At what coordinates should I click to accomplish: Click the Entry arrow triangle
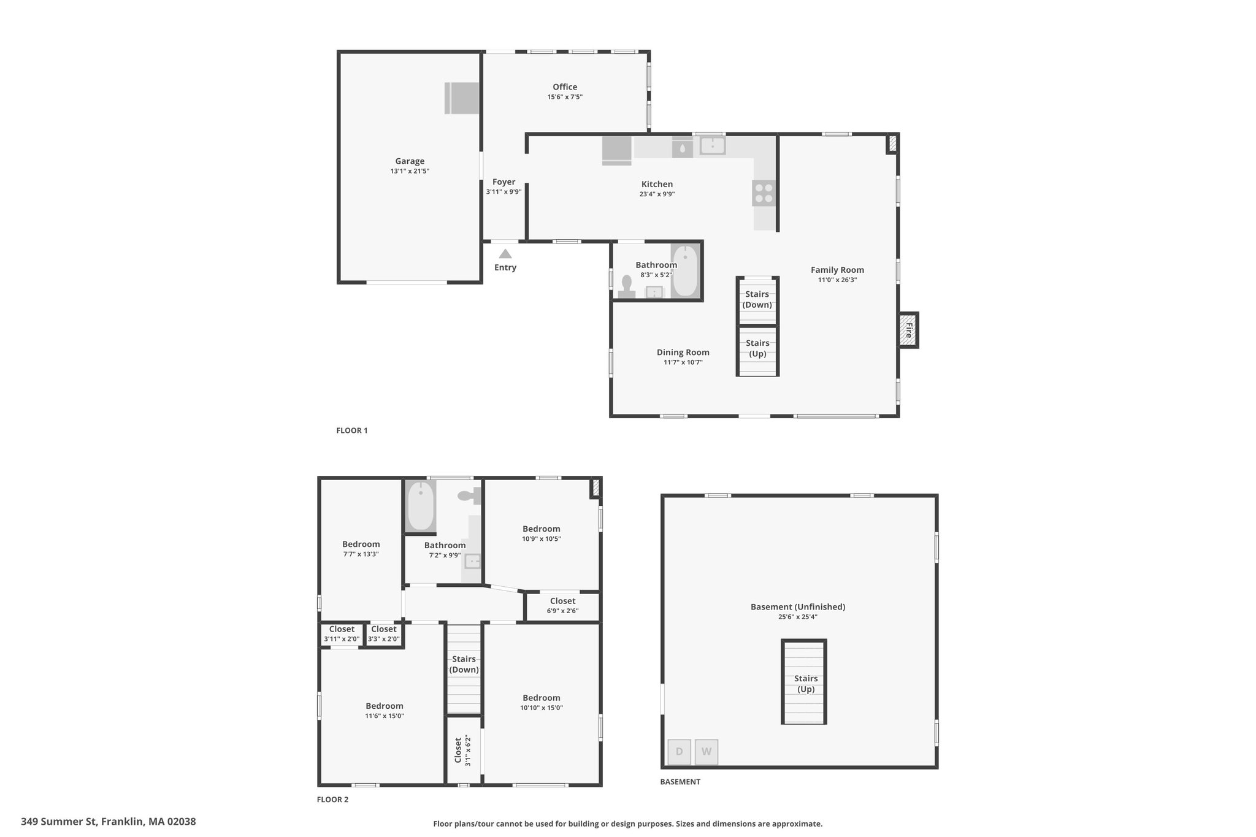click(505, 253)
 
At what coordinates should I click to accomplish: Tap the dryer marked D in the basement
click(679, 752)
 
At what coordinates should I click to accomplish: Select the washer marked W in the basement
click(706, 752)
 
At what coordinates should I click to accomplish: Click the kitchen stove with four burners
click(764, 193)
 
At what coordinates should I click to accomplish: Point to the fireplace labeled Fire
click(908, 331)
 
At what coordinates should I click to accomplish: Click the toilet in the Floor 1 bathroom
click(627, 287)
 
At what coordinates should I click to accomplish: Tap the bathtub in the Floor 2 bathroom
click(421, 506)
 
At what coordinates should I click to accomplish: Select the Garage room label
click(410, 161)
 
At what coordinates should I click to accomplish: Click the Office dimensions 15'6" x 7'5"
click(565, 97)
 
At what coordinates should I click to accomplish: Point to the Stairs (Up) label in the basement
click(806, 684)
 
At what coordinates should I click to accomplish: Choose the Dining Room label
click(683, 352)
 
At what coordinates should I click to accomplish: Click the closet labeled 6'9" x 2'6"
click(562, 606)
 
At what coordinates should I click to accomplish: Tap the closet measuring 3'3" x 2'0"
click(384, 634)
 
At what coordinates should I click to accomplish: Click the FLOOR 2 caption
click(332, 800)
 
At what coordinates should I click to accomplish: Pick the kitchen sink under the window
click(713, 146)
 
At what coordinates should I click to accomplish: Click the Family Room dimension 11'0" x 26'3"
click(837, 280)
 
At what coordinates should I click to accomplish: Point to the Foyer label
click(504, 182)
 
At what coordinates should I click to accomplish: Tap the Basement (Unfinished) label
click(798, 606)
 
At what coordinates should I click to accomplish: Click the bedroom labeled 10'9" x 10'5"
click(542, 533)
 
